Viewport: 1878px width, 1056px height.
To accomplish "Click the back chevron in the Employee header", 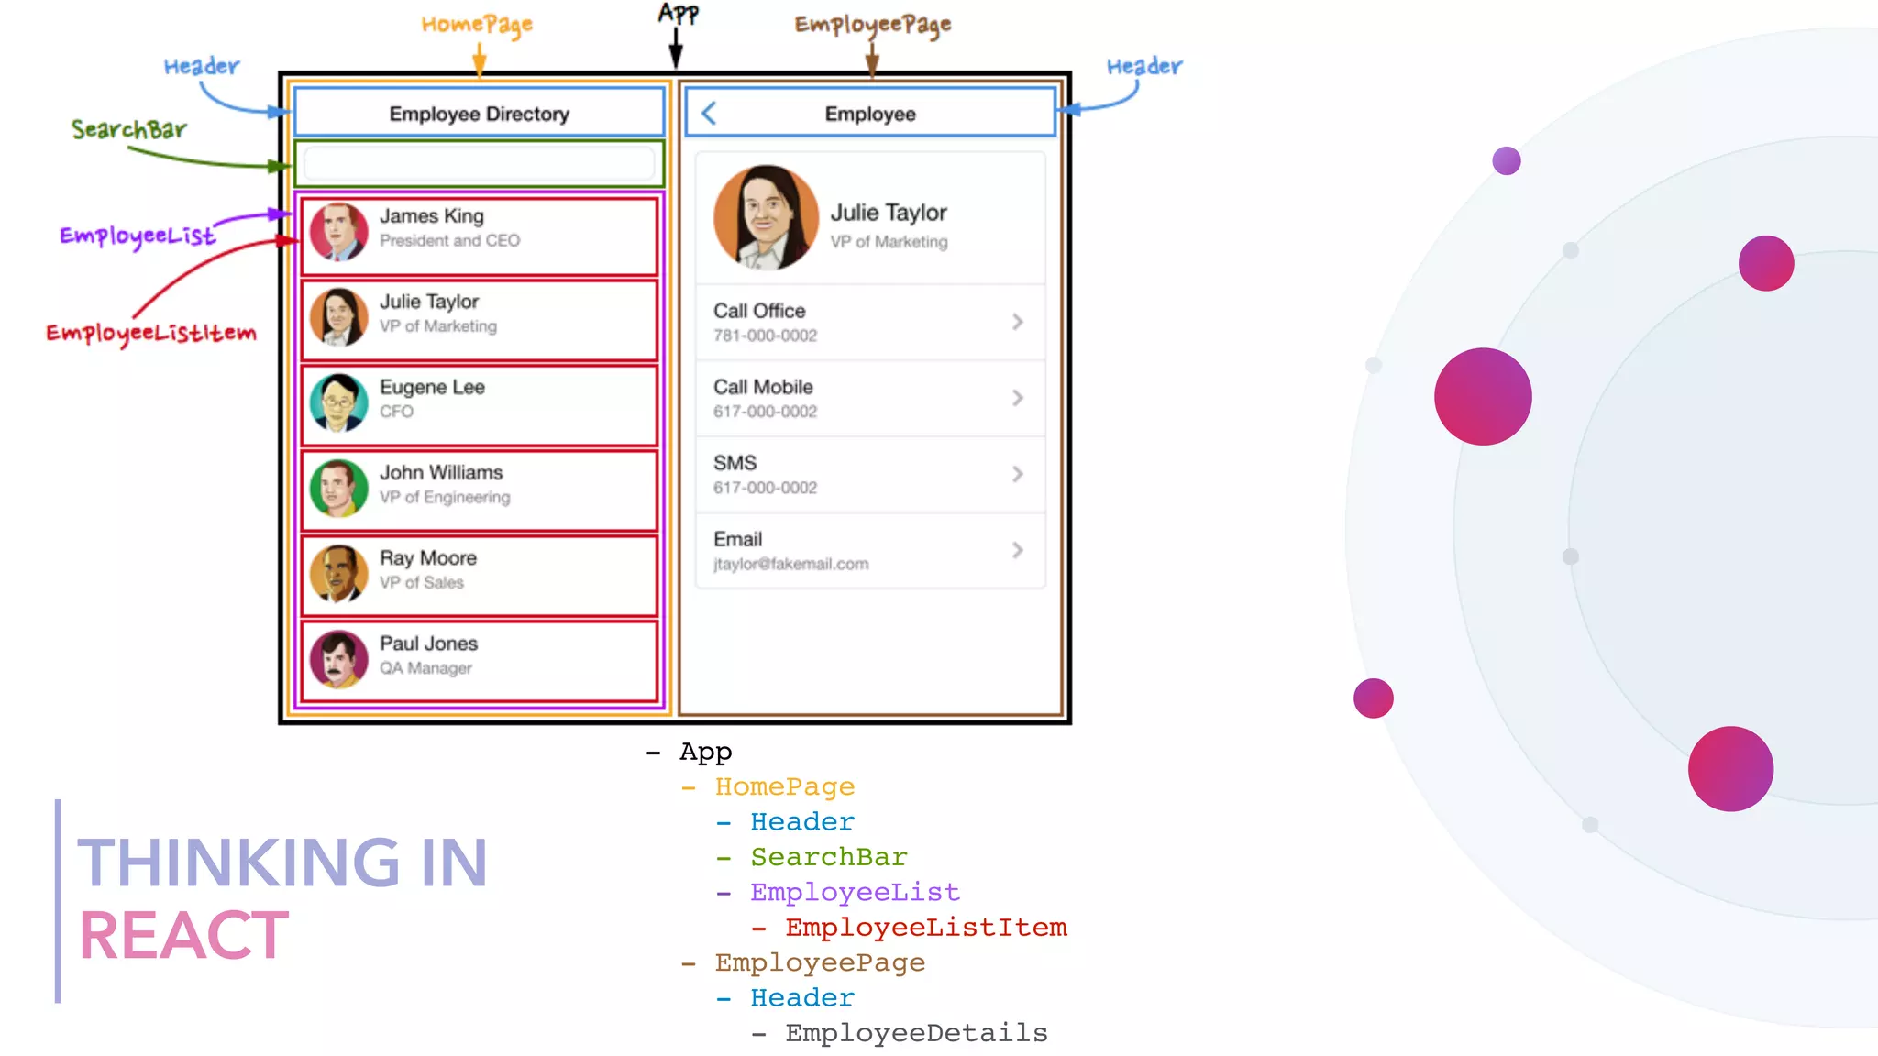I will (708, 114).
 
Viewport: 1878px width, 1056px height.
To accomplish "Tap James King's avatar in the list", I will (338, 232).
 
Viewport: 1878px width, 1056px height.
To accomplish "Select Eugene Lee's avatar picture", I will (338, 402).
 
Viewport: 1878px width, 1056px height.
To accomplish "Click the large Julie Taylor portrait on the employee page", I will (766, 218).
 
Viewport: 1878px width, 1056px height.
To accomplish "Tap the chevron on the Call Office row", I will (1017, 322).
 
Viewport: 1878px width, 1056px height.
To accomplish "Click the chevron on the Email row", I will (1017, 550).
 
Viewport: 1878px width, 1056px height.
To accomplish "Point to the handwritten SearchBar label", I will (129, 130).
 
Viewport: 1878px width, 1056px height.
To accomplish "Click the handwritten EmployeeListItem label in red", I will (151, 333).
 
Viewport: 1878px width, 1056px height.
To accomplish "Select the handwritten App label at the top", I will (678, 14).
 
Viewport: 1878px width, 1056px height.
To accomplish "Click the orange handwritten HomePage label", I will (477, 25).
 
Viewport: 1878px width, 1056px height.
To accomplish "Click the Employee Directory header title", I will (479, 114).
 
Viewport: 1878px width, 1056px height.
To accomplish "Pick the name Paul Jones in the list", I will (428, 643).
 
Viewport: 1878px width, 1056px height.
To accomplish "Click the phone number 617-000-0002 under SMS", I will (765, 488).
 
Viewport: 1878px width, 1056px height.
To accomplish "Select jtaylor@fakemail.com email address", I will (790, 564).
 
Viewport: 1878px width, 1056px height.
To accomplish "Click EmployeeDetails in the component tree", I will (915, 1033).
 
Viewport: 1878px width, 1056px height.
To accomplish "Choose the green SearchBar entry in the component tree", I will (828, 857).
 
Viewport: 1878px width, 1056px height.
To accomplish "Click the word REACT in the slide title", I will (184, 936).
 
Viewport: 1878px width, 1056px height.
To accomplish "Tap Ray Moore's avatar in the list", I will (338, 574).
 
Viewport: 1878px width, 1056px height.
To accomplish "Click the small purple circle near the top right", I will (1506, 161).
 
